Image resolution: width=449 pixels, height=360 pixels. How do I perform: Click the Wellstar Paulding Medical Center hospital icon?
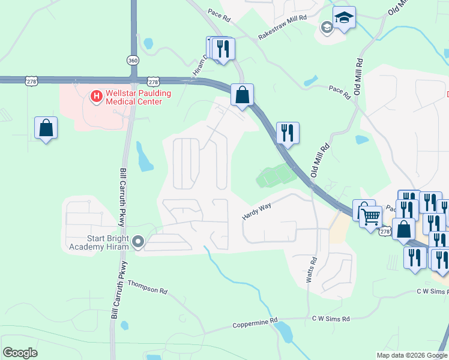pyautogui.click(x=95, y=95)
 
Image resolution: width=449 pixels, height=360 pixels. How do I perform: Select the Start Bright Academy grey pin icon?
pyautogui.click(x=138, y=242)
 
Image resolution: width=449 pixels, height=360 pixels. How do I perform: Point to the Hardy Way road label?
pyautogui.click(x=257, y=211)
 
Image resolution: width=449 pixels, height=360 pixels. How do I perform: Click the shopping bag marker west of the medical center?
pyautogui.click(x=46, y=128)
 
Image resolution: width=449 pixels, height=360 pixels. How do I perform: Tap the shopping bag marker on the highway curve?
pyautogui.click(x=242, y=95)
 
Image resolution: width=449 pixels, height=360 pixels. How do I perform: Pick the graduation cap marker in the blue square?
pyautogui.click(x=345, y=17)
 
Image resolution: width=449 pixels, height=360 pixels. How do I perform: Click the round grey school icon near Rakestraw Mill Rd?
pyautogui.click(x=326, y=26)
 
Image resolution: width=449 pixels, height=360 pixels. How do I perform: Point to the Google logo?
pyautogui.click(x=20, y=353)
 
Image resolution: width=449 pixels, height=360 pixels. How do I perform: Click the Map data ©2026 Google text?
pyautogui.click(x=412, y=355)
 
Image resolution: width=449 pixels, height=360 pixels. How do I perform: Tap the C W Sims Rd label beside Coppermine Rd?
pyautogui.click(x=330, y=319)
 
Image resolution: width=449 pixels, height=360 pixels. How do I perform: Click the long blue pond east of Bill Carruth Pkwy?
pyautogui.click(x=144, y=158)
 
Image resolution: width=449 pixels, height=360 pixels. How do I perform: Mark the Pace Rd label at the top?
pyautogui.click(x=219, y=15)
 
